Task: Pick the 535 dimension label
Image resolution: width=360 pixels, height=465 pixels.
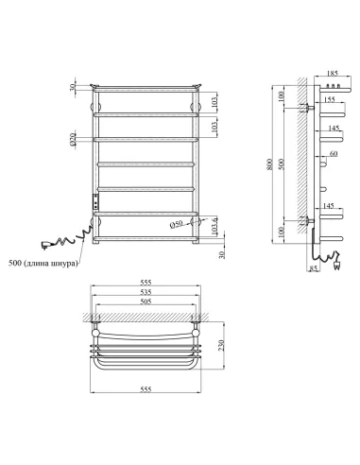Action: click(146, 308)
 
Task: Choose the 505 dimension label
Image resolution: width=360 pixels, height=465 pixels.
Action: click(146, 319)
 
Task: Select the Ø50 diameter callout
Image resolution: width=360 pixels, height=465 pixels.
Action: click(178, 225)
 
